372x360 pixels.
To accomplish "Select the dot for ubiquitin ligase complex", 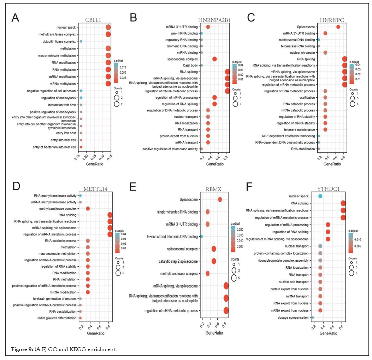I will pos(81,41).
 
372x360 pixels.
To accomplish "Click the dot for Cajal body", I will pos(201,65).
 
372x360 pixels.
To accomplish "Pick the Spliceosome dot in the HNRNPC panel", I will pos(338,27).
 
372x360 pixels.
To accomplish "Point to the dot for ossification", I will pos(325,98).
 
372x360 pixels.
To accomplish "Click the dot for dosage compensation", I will pos(313,318).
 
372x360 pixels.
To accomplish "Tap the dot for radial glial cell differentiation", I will pos(81,318).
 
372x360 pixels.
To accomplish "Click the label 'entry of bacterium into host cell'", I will pos(54,147).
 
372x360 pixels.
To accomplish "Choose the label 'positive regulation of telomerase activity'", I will pos(171,149).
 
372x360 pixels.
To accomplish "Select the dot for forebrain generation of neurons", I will pos(81,299).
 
